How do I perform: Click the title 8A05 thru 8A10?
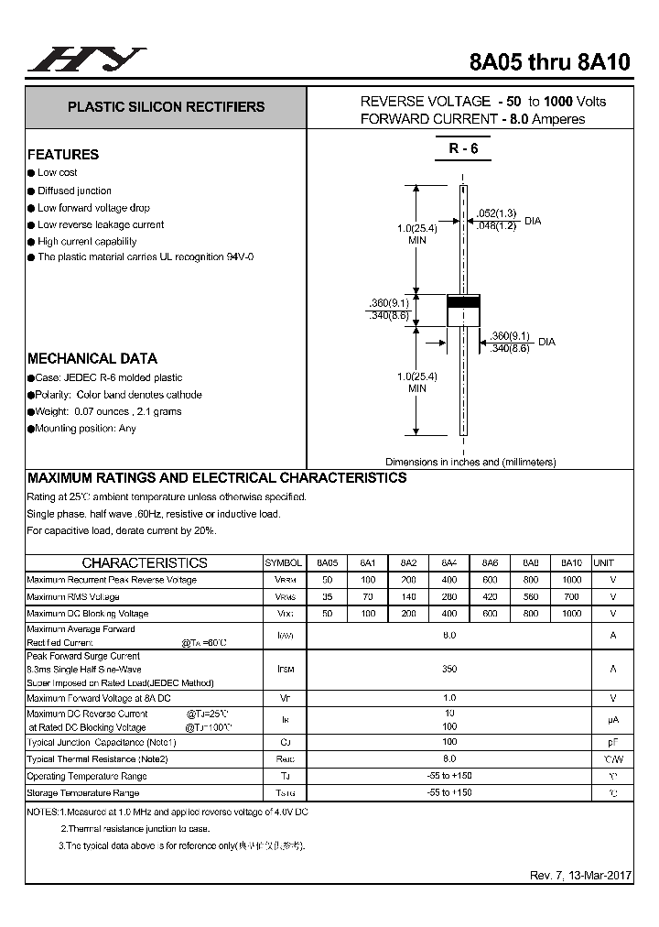(549, 62)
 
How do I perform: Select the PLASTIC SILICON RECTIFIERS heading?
(166, 107)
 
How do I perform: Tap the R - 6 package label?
(463, 149)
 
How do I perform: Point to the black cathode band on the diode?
(463, 301)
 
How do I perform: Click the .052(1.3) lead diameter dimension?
(496, 214)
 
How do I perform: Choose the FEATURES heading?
(63, 155)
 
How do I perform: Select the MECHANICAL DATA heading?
(92, 359)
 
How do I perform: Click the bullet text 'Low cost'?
(57, 172)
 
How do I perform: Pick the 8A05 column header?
(327, 563)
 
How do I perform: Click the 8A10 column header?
(571, 563)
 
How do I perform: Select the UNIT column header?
(603, 563)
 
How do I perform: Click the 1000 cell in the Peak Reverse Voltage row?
(571, 580)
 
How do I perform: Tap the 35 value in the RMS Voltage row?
(327, 597)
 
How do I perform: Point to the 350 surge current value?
(449, 670)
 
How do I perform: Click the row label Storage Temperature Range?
(83, 793)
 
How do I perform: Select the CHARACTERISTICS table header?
(145, 563)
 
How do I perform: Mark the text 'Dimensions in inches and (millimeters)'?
(470, 463)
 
